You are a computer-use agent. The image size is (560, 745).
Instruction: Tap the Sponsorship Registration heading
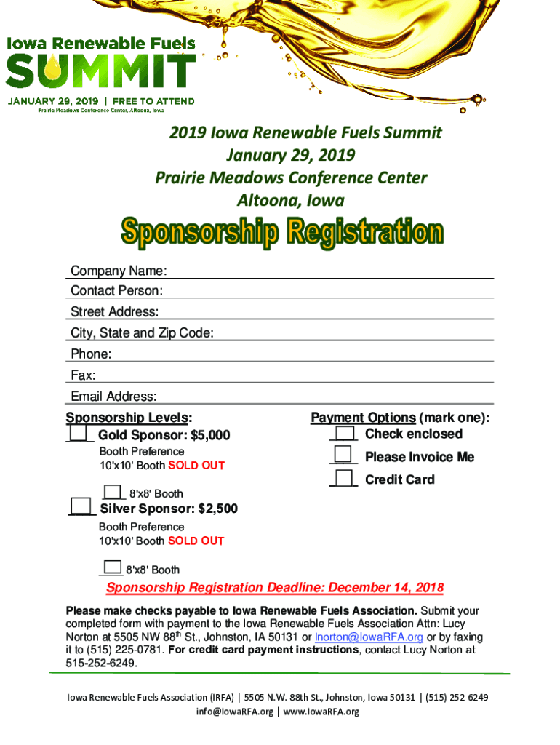tap(281, 232)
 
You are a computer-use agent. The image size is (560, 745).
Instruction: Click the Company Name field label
tap(119, 271)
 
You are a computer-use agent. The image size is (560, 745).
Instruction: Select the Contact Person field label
tap(116, 291)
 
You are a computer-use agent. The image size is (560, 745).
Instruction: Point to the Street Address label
tap(114, 312)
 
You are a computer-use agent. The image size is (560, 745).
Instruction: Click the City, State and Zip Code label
tap(142, 333)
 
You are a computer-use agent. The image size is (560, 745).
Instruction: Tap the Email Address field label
tap(113, 397)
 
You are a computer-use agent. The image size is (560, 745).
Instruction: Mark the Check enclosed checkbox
tap(345, 433)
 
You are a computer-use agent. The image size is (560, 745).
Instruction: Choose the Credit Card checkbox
tap(343, 478)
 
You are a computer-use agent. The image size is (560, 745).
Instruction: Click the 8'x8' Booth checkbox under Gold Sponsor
tap(113, 491)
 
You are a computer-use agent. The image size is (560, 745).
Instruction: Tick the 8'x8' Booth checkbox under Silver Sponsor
tap(112, 567)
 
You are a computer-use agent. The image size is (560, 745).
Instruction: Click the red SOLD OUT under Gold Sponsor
tap(196, 466)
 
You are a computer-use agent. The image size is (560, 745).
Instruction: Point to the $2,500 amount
tap(217, 509)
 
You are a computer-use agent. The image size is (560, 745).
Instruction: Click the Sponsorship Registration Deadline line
tap(275, 588)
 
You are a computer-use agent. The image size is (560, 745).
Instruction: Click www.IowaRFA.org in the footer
tap(321, 712)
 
